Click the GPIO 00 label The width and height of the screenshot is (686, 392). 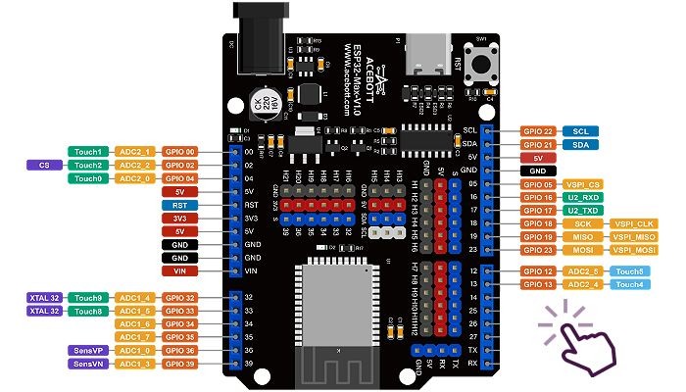pos(181,152)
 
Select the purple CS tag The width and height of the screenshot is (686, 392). pos(44,166)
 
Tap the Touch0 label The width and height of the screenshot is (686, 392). pos(87,178)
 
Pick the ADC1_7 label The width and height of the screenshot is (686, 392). pos(133,336)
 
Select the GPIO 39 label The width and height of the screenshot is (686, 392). pos(181,364)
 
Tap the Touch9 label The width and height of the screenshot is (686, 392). pos(87,297)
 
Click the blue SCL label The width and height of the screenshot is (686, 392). pos(580,131)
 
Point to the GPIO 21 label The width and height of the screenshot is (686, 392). pos(538,145)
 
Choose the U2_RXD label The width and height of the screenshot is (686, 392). pos(582,197)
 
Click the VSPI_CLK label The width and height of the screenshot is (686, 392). pos(633,223)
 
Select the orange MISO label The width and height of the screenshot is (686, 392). pos(582,237)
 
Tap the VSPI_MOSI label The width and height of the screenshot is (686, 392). pos(633,250)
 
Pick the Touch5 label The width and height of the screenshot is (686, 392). pos(628,270)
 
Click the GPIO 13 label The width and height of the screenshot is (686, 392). pos(538,284)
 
